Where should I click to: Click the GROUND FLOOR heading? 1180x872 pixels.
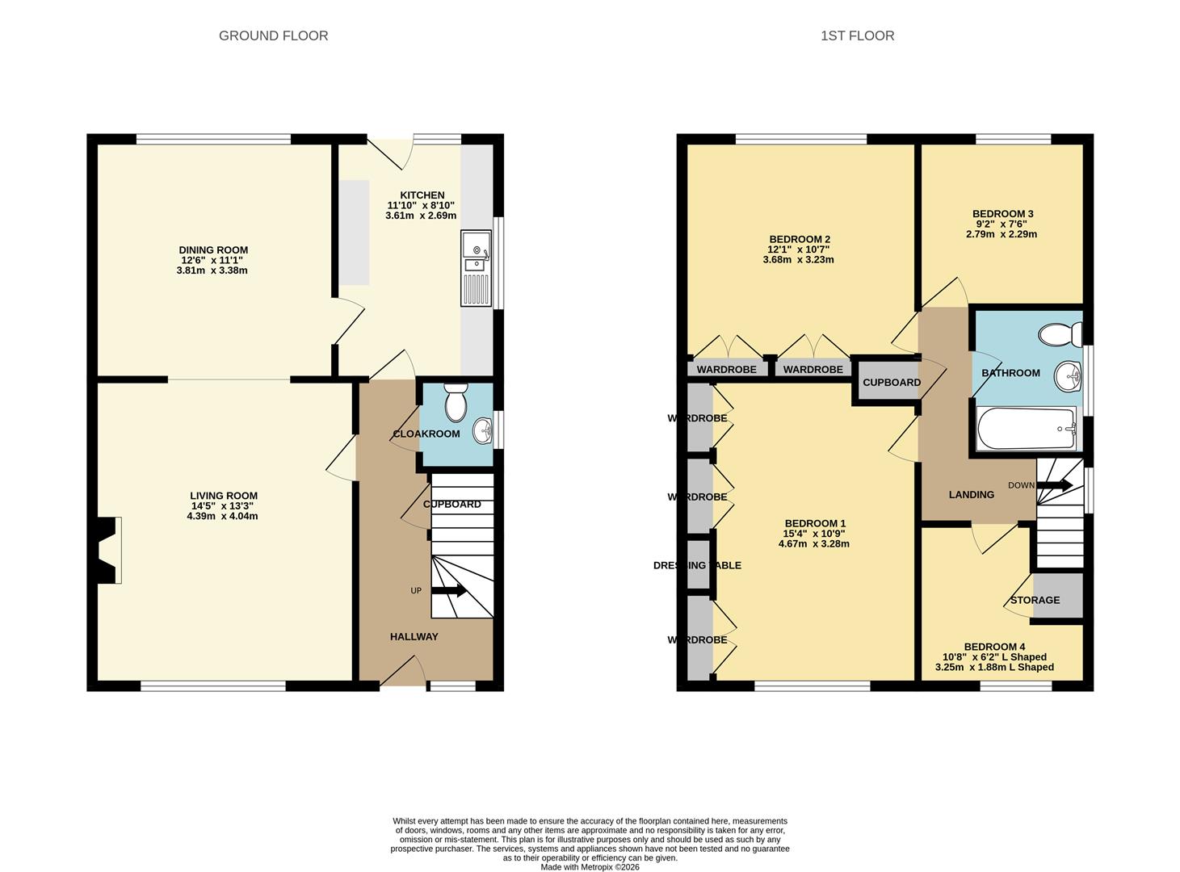coord(273,36)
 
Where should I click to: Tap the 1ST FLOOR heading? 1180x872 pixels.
coord(857,36)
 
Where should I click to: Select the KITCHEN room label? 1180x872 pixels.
coord(422,195)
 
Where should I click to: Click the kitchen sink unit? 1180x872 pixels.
coord(476,268)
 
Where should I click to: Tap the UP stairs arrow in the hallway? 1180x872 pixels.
coord(448,590)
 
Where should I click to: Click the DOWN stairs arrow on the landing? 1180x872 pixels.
coord(1054,485)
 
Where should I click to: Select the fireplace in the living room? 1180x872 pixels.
coord(108,550)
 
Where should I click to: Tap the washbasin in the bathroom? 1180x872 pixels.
coord(1068,376)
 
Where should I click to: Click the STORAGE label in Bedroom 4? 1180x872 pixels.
coord(1035,600)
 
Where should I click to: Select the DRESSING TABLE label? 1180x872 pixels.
coord(697,565)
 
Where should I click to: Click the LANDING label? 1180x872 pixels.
coord(972,495)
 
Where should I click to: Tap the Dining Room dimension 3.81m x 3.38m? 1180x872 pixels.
coord(212,270)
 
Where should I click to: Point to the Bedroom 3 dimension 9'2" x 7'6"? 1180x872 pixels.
coord(1002,224)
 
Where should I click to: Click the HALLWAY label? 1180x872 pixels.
coord(414,637)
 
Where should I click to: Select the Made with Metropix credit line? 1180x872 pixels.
coord(590,867)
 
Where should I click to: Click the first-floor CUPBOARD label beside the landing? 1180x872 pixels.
coord(892,383)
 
